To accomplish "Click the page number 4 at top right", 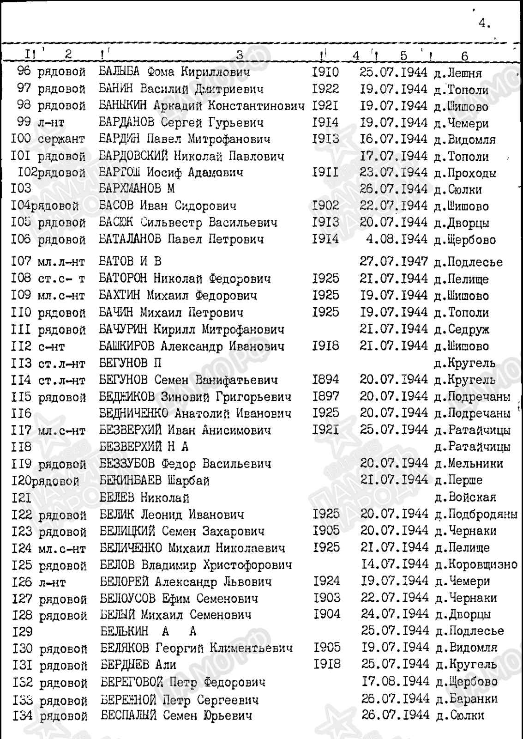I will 484,24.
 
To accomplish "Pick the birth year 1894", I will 325,380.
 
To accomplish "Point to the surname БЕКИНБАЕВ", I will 131,480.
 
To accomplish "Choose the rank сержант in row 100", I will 61,139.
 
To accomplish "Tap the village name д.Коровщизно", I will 476,564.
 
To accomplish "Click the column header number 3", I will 239,55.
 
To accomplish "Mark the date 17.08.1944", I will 395,681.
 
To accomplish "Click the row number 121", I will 21,498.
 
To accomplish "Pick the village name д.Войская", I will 465,498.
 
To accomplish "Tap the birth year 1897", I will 325,396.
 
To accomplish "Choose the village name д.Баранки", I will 465,699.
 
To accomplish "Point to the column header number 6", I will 464,56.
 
